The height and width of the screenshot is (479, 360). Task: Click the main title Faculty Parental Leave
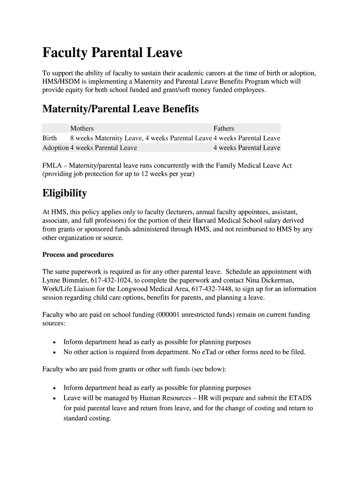point(112,53)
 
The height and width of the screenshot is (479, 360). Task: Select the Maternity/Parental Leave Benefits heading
point(120,109)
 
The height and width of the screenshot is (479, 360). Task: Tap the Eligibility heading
point(65,193)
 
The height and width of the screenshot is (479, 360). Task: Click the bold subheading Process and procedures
point(78,255)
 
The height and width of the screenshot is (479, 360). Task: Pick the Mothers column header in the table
point(82,128)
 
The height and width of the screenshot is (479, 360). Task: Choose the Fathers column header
point(224,128)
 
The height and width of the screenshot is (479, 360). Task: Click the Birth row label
point(50,138)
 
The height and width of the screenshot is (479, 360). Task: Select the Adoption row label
point(55,148)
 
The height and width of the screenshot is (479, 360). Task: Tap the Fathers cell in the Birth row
point(247,138)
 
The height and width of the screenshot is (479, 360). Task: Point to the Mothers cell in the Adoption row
point(103,148)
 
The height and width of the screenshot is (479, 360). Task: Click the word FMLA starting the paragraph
point(51,166)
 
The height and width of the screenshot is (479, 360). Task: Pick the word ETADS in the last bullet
point(301,398)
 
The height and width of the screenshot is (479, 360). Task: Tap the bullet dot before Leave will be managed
point(55,399)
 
